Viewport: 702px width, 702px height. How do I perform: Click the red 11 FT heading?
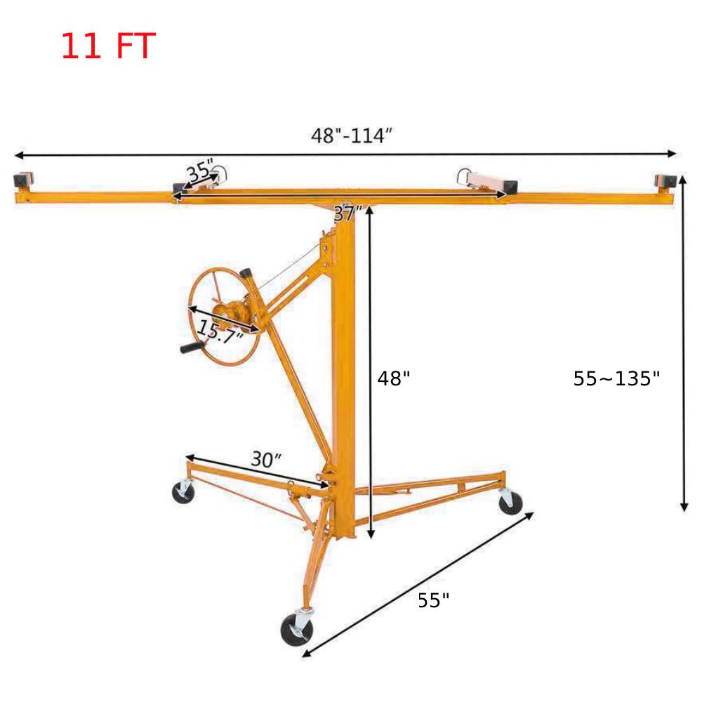click(107, 46)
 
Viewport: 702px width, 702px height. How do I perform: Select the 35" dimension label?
click(200, 171)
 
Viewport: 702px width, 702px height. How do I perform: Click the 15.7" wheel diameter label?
click(220, 330)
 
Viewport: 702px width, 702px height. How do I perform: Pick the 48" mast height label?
click(394, 379)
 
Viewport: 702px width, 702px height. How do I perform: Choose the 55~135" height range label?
click(616, 379)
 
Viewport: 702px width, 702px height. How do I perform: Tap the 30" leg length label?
click(266, 460)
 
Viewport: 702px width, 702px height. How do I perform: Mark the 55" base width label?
click(433, 601)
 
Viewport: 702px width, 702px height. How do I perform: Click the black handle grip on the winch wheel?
click(190, 348)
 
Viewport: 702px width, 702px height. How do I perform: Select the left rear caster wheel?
click(184, 492)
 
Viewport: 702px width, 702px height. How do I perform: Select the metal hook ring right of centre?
click(464, 174)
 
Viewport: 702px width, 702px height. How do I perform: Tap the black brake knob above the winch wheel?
click(247, 273)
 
